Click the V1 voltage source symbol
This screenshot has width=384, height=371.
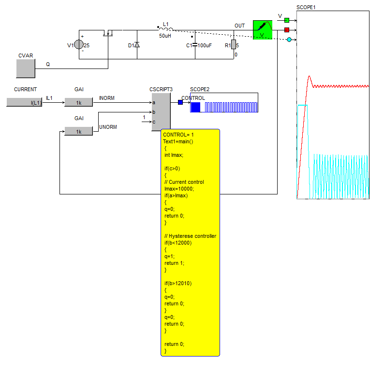pyautogui.click(x=79, y=45)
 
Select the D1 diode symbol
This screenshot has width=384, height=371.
pyautogui.click(x=137, y=45)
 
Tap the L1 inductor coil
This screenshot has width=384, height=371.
pyautogui.click(x=165, y=28)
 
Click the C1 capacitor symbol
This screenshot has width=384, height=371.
pyautogui.click(x=195, y=45)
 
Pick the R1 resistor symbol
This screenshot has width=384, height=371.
pyautogui.click(x=233, y=44)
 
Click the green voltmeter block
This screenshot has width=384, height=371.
pyautogui.click(x=263, y=29)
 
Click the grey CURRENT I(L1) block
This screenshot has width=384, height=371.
pyautogui.click(x=24, y=102)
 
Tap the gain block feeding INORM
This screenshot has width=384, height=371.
pyautogui.click(x=78, y=102)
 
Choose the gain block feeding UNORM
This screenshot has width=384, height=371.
pyautogui.click(x=78, y=131)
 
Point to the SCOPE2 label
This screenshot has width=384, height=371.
pyautogui.click(x=200, y=89)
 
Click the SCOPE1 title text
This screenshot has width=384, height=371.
pyautogui.click(x=306, y=8)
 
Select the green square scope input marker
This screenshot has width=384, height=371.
pyautogui.click(x=287, y=20)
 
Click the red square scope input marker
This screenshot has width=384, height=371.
pyautogui.click(x=287, y=29)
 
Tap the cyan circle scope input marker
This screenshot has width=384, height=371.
pyautogui.click(x=289, y=39)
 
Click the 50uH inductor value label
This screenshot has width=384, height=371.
pyautogui.click(x=165, y=36)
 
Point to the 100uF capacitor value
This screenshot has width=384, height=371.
pyautogui.click(x=205, y=45)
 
